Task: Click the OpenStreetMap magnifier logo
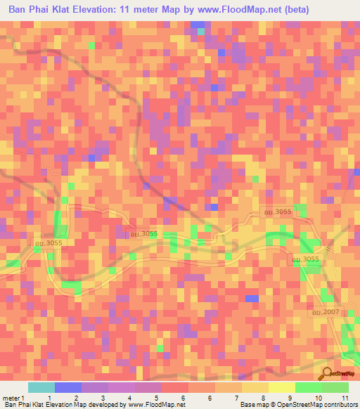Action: [x=328, y=374]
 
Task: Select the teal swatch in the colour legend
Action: [x=41, y=387]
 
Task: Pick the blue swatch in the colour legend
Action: [x=68, y=387]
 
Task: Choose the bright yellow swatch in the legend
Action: [x=281, y=387]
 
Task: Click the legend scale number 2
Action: [x=76, y=398]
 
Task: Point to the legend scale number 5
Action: [x=157, y=398]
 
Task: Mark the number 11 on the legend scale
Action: [x=345, y=398]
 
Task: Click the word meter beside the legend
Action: [x=11, y=398]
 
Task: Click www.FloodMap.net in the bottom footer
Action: [x=153, y=405]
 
